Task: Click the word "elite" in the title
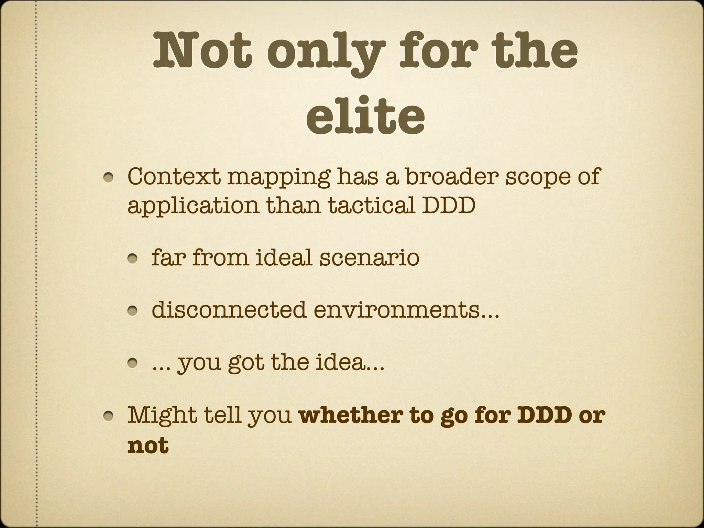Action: click(x=365, y=116)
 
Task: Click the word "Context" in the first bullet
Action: click(x=173, y=176)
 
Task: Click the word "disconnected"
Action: click(x=229, y=309)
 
